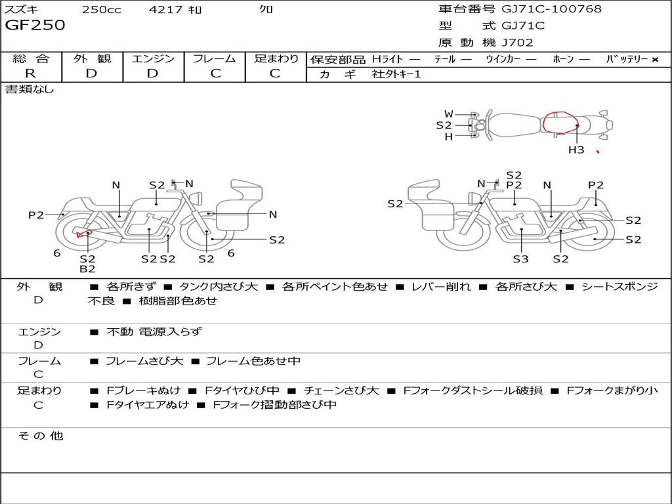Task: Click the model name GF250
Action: coord(35,25)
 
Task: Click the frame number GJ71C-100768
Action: coord(551,9)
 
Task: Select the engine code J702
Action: coord(517,43)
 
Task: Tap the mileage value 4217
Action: coord(166,9)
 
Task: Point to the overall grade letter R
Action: coord(30,73)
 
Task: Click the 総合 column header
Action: coord(31,58)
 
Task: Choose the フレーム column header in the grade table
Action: coord(215,58)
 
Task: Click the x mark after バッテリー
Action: coord(655,60)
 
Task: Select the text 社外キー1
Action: coord(396,74)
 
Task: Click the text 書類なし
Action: coord(29,89)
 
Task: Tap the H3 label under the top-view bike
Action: coord(576,150)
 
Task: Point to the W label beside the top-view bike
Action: coord(449,114)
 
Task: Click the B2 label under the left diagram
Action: coord(87,268)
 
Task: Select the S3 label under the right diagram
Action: coord(520,259)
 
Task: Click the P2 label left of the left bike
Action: coord(36,215)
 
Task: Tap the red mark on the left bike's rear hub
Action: coord(84,234)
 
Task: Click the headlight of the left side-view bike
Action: coord(198,198)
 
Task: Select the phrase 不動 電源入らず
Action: coord(154,331)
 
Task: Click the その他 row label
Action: coord(41,436)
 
